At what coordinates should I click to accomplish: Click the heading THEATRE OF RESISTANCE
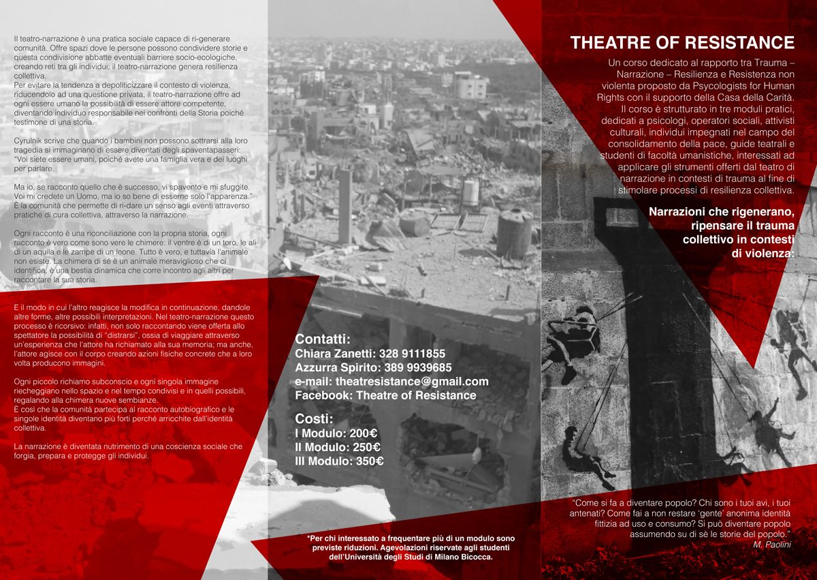click(682, 43)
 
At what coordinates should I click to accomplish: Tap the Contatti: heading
click(323, 339)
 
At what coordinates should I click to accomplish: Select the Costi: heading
click(314, 418)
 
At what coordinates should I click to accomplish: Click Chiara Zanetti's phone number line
click(370, 354)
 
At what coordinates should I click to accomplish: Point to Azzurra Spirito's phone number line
click(373, 367)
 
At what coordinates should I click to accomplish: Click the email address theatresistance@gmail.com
click(391, 381)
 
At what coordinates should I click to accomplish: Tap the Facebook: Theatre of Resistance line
click(385, 395)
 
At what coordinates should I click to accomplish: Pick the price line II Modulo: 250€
click(338, 447)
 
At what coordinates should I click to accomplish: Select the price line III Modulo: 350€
click(339, 461)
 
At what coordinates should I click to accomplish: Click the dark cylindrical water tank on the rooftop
click(513, 233)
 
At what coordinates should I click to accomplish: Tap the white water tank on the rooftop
click(470, 193)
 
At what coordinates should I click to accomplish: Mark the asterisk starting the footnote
click(309, 536)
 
